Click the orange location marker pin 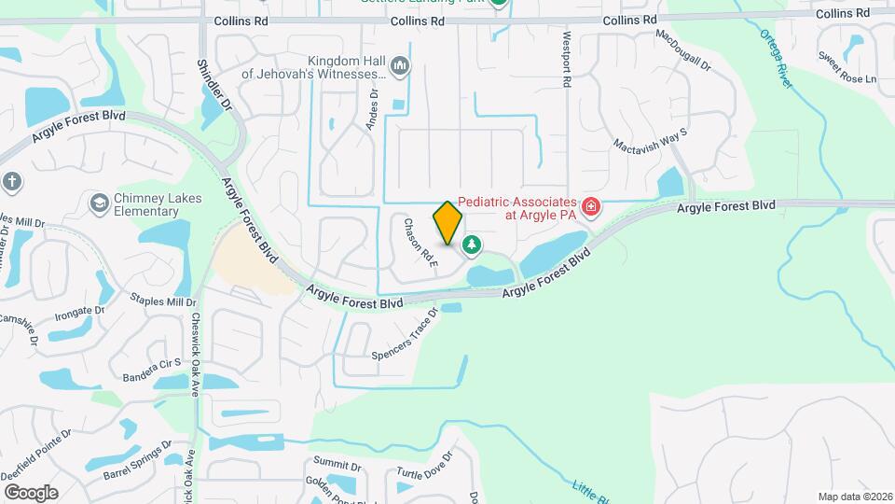click(448, 223)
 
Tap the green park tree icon click(473, 245)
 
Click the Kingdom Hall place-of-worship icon click(400, 64)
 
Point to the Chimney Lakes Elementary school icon click(98, 203)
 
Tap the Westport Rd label click(565, 58)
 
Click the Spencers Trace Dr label click(405, 336)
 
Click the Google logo click(31, 493)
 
